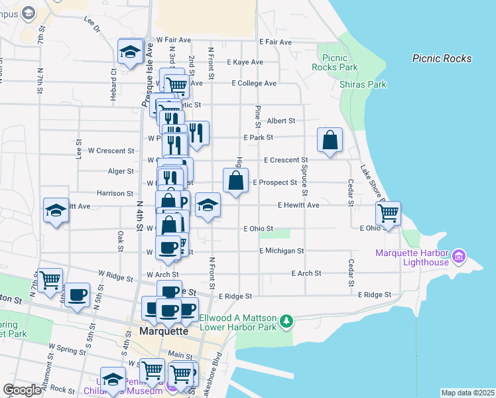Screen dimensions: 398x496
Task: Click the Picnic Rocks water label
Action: click(442, 58)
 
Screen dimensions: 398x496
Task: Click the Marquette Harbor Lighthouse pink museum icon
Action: click(459, 255)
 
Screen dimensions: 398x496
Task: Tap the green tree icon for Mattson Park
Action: click(286, 322)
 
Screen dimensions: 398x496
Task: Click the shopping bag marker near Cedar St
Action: click(330, 141)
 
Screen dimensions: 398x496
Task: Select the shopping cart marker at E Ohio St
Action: click(388, 214)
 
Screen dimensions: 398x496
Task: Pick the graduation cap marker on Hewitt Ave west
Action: click(56, 211)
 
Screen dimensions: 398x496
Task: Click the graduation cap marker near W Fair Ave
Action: click(130, 52)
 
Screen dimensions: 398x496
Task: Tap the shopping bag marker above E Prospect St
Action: click(236, 180)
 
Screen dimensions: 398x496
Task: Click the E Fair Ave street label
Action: click(276, 42)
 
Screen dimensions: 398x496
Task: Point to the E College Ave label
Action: click(253, 84)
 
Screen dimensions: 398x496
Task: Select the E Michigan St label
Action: click(281, 251)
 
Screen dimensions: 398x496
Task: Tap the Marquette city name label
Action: click(164, 330)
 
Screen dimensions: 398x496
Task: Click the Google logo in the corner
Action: click(22, 390)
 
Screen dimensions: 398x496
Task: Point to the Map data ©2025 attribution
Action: click(467, 393)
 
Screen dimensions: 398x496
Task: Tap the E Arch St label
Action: click(306, 273)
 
